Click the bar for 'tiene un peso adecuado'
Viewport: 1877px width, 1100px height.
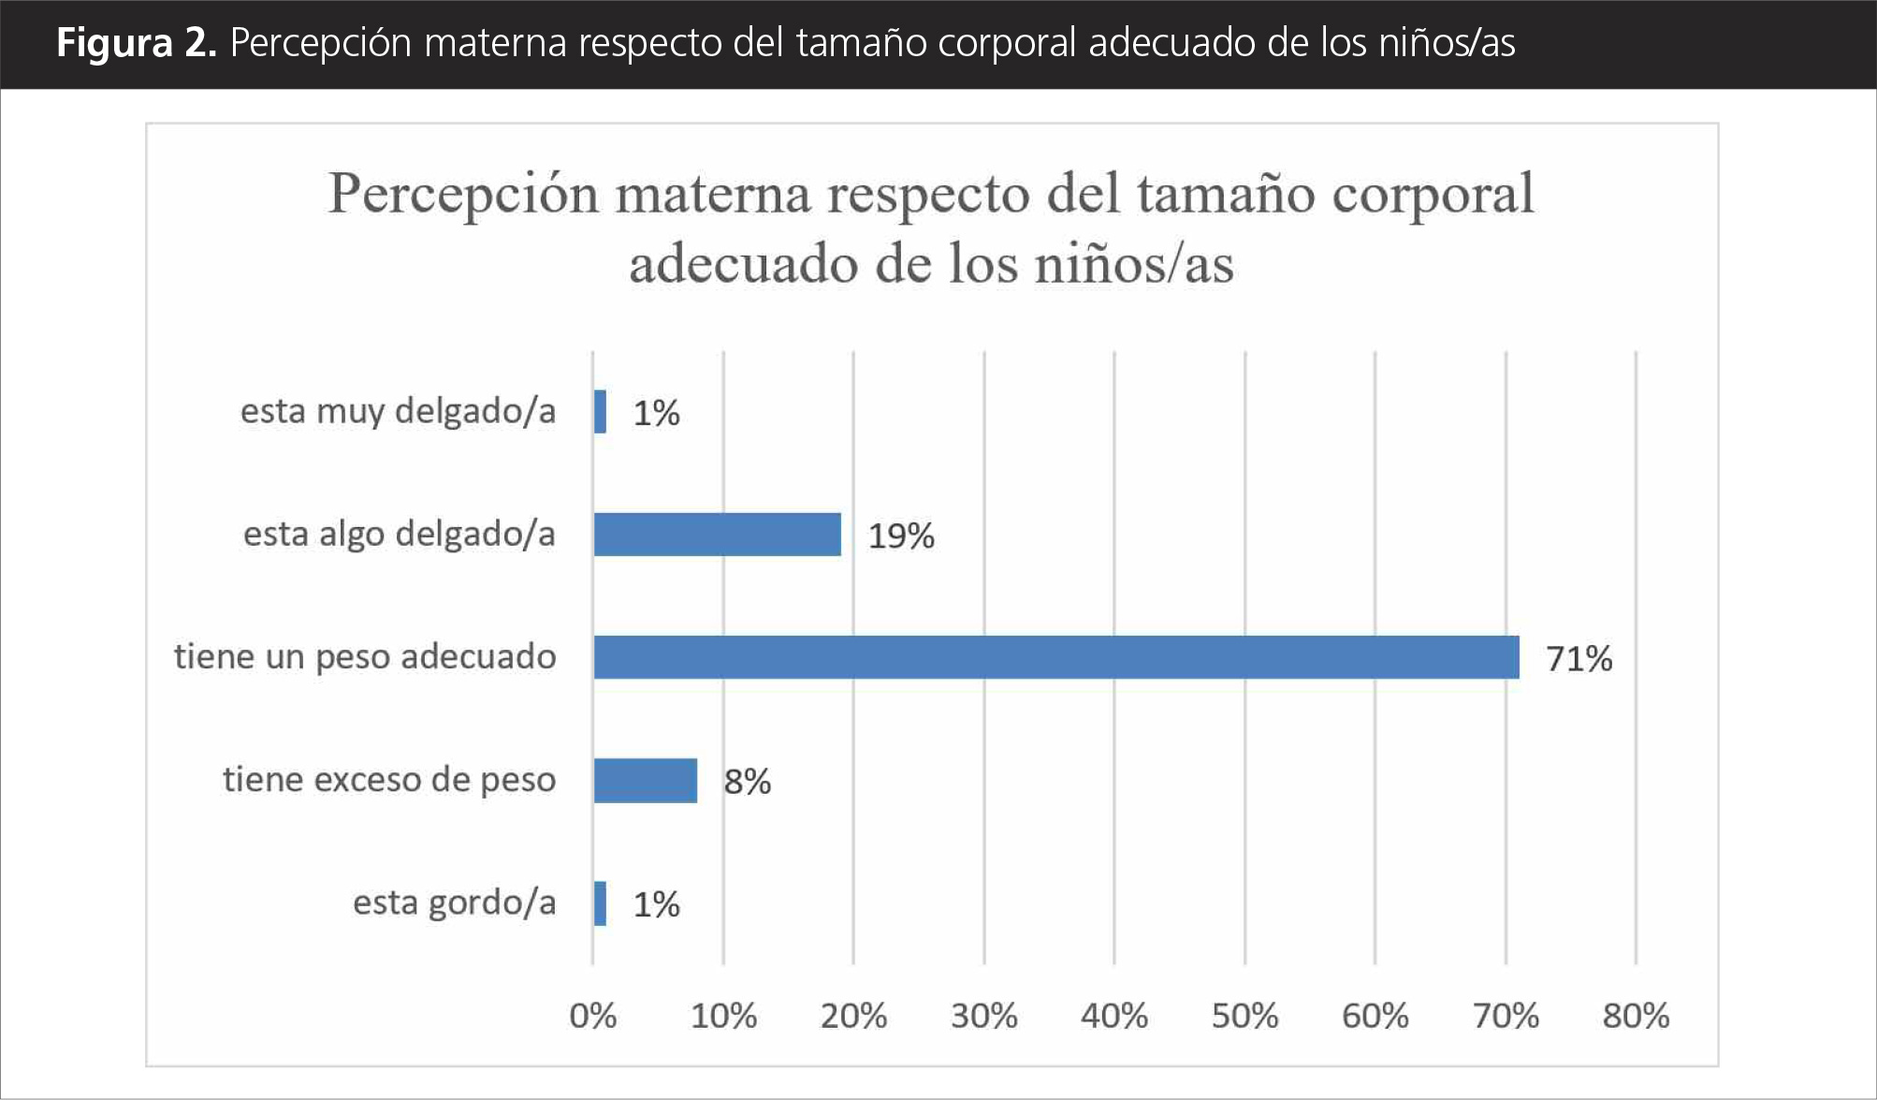pyautogui.click(x=1055, y=657)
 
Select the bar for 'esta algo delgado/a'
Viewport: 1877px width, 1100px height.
pyautogui.click(x=717, y=535)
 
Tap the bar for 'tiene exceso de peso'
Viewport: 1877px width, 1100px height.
pyautogui.click(x=646, y=780)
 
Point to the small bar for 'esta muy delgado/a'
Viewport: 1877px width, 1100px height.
pyautogui.click(x=600, y=412)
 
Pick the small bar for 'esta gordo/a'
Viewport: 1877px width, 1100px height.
pyautogui.click(x=600, y=903)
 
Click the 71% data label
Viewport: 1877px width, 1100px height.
pyautogui.click(x=1579, y=659)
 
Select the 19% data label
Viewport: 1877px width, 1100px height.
pyautogui.click(x=901, y=536)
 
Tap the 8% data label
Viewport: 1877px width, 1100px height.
pyautogui.click(x=747, y=782)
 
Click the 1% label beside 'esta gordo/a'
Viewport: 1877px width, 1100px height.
pyautogui.click(x=656, y=904)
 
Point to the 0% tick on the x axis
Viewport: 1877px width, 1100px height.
pyautogui.click(x=592, y=1016)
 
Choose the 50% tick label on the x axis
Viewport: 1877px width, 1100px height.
pyautogui.click(x=1244, y=1016)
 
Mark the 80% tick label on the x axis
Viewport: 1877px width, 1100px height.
pyautogui.click(x=1636, y=1016)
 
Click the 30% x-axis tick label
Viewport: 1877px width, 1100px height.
pyautogui.click(x=983, y=1016)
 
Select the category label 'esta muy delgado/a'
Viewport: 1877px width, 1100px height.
pyautogui.click(x=398, y=412)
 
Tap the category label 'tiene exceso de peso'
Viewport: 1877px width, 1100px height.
pyautogui.click(x=389, y=780)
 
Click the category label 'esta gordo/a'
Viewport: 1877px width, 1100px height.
pyautogui.click(x=454, y=903)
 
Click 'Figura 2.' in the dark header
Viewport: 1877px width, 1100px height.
pyautogui.click(x=136, y=43)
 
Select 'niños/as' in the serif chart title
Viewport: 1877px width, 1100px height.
pyautogui.click(x=1134, y=264)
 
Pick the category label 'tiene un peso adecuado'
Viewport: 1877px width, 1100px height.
pyautogui.click(x=365, y=657)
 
